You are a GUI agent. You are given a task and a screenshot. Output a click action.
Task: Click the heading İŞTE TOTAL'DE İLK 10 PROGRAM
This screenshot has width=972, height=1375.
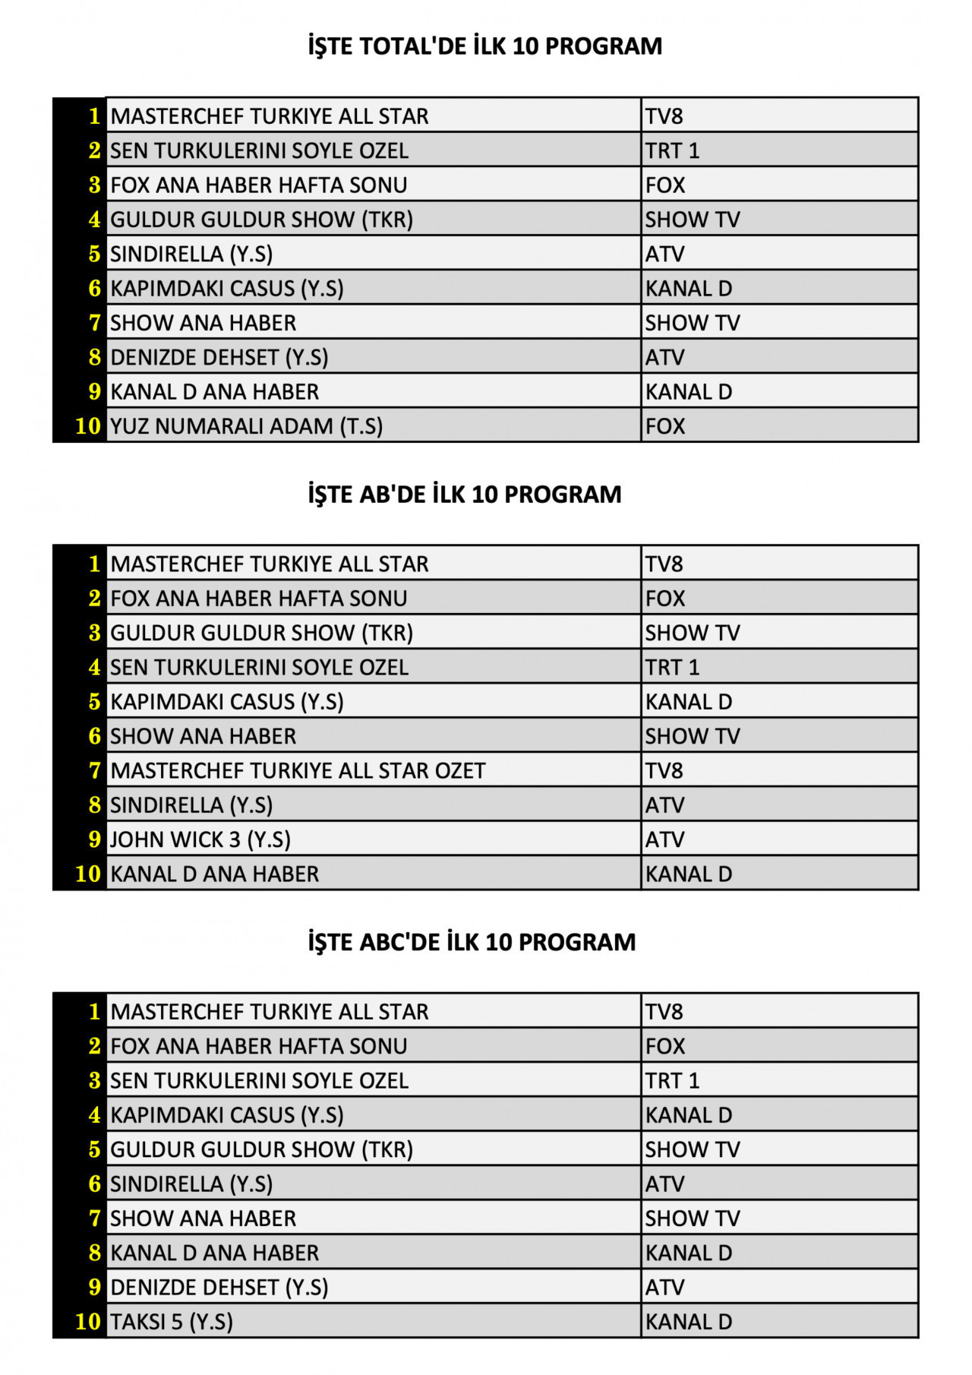coord(484,46)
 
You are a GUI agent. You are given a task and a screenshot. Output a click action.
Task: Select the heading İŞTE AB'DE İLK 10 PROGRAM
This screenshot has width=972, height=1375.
coord(464,495)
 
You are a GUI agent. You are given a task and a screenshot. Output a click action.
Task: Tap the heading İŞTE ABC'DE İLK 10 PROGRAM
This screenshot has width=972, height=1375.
coord(471,942)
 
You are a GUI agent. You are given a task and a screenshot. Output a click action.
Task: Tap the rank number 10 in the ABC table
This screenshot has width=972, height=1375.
coord(87,1322)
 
